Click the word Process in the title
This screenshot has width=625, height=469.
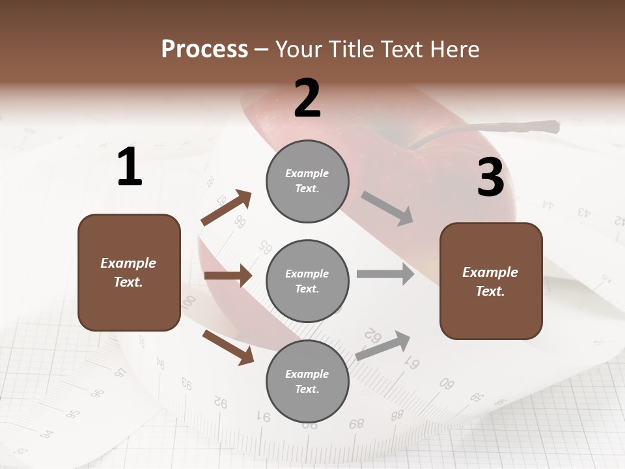(x=204, y=50)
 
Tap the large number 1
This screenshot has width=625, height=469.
(x=130, y=167)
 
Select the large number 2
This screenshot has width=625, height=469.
(x=307, y=98)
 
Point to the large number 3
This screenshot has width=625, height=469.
(x=490, y=178)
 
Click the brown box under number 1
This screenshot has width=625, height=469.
(x=129, y=272)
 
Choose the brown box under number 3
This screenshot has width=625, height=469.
(x=491, y=281)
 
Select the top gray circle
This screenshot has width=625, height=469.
(x=307, y=181)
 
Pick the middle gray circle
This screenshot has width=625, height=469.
(x=307, y=281)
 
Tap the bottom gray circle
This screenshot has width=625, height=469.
(x=307, y=381)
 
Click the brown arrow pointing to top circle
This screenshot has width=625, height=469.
(x=227, y=208)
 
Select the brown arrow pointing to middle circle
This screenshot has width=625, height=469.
(x=228, y=276)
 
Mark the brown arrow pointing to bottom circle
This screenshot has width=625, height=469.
(x=228, y=347)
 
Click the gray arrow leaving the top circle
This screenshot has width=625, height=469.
(x=387, y=208)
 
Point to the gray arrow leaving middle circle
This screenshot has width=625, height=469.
(x=385, y=274)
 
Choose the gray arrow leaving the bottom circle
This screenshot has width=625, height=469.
(x=383, y=346)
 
